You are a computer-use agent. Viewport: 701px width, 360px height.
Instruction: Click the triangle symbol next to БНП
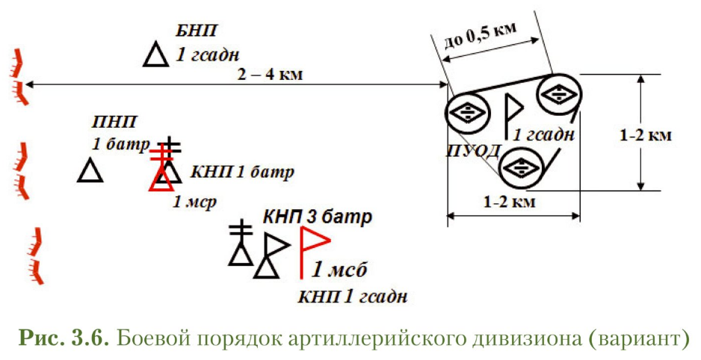point(156,55)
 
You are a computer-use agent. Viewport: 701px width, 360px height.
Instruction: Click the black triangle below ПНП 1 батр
point(90,171)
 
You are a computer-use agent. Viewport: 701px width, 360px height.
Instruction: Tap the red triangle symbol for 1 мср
point(161,178)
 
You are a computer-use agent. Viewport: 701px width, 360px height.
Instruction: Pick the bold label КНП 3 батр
point(317,218)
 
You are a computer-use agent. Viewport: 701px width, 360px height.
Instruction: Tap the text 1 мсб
point(341,270)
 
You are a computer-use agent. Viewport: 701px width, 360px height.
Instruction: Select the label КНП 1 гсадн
point(353,297)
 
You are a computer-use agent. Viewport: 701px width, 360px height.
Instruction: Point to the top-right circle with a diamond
point(558,95)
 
